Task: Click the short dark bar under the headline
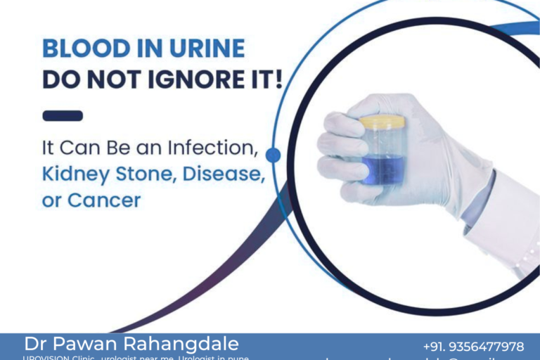[x=63, y=115]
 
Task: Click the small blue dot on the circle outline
[x=274, y=155]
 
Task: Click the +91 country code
[x=435, y=347]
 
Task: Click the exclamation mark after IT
[x=279, y=79]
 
